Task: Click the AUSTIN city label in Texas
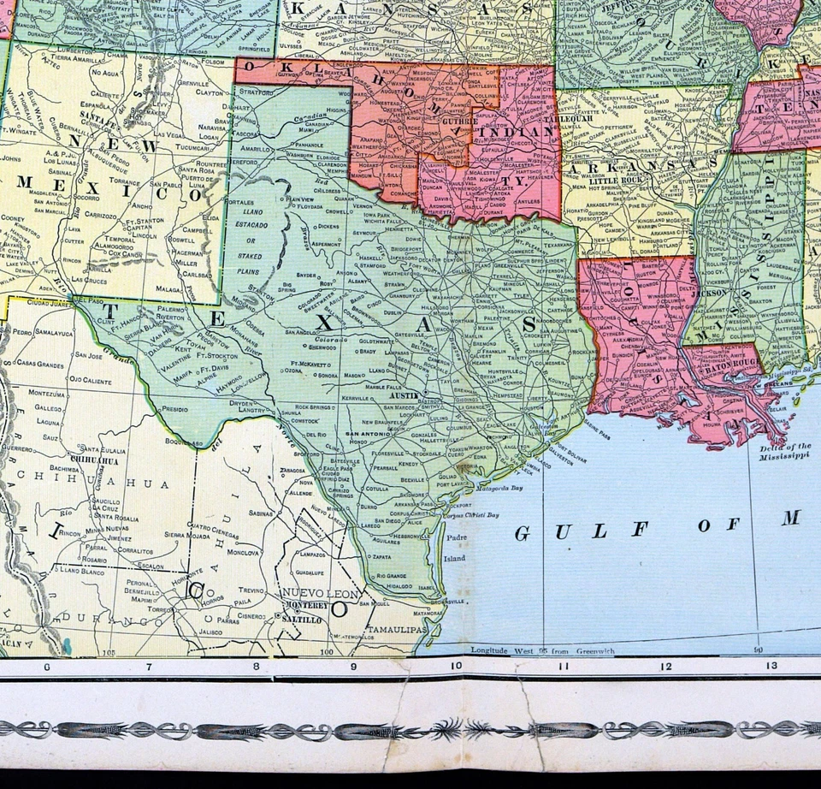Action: coord(401,397)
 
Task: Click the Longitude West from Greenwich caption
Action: coord(542,651)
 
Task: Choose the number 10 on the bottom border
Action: coord(456,667)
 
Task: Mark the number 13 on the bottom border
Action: coord(771,666)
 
